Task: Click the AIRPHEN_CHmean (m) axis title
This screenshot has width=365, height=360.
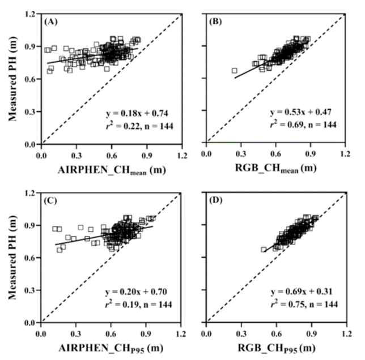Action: (x=111, y=168)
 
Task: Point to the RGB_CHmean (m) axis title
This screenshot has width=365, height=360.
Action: (x=276, y=168)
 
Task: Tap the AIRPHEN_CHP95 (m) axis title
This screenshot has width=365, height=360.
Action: (x=111, y=346)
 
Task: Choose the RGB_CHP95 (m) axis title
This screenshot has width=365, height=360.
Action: (x=276, y=346)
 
